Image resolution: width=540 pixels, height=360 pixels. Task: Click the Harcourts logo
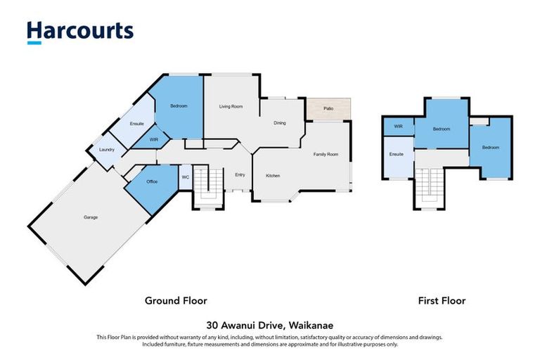tap(79, 32)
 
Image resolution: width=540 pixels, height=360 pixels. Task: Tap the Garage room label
tap(90, 217)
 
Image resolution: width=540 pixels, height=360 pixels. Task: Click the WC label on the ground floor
tap(185, 177)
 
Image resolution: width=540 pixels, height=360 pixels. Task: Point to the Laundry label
tap(107, 149)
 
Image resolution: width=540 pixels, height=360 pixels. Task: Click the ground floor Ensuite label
tap(137, 124)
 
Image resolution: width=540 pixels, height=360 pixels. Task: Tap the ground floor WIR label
tap(154, 140)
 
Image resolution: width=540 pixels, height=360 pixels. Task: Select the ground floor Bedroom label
tap(179, 106)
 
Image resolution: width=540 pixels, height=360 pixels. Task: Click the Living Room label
tap(231, 106)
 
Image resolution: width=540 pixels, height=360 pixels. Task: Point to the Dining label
tap(279, 123)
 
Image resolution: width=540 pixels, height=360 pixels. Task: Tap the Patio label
tap(328, 108)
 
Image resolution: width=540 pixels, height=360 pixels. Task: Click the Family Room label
tap(326, 154)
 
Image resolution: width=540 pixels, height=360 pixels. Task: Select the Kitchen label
tap(274, 176)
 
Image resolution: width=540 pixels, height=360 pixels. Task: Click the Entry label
tap(240, 175)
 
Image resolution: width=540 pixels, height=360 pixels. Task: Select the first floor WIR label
tap(398, 127)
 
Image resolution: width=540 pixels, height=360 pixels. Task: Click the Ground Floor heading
tap(176, 300)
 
